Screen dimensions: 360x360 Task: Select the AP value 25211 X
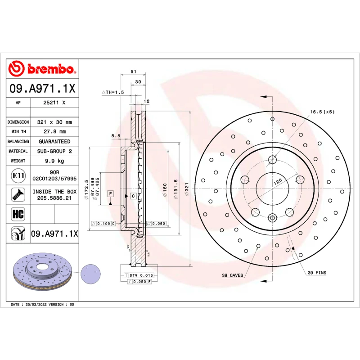(x=54, y=103)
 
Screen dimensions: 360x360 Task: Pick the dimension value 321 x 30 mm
(x=54, y=122)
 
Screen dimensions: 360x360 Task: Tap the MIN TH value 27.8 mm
(x=54, y=131)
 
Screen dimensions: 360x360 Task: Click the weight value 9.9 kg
(x=54, y=161)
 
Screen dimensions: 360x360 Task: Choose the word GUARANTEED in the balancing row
(x=54, y=141)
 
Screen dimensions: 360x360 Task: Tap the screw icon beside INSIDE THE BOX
(x=18, y=194)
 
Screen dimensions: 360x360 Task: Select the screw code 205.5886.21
(x=54, y=198)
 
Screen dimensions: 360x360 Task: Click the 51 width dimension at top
(x=133, y=72)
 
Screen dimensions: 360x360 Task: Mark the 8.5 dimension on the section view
(x=116, y=135)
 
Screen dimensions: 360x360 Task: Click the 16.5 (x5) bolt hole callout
(x=322, y=112)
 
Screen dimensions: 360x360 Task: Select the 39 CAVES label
(x=232, y=275)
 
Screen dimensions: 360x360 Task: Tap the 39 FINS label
(x=317, y=273)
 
